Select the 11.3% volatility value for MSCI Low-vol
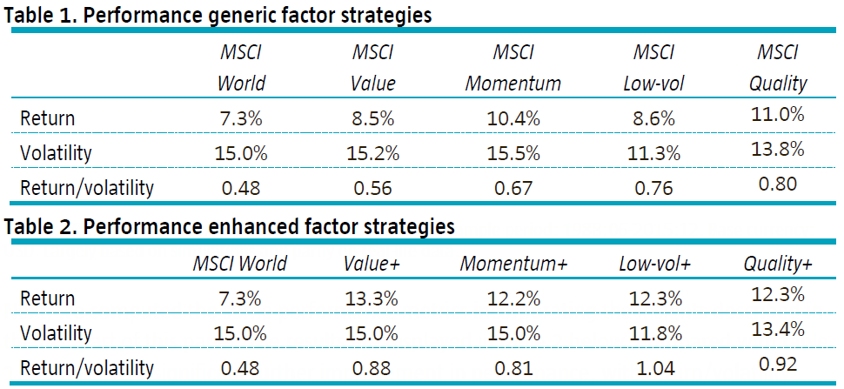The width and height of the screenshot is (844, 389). (x=653, y=153)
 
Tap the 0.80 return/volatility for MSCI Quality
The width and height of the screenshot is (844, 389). (x=777, y=184)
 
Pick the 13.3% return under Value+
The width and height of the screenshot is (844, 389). (x=372, y=298)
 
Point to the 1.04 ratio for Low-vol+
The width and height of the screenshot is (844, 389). (x=653, y=368)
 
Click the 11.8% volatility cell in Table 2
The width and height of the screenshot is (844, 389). (x=653, y=333)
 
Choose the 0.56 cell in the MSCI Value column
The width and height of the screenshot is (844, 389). (x=372, y=188)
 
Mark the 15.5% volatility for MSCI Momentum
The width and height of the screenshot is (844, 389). (x=513, y=153)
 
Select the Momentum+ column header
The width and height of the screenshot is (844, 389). (x=513, y=264)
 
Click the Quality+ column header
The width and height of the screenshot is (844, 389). (x=778, y=264)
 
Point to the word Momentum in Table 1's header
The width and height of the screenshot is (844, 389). (x=513, y=84)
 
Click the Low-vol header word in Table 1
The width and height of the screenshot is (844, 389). (x=653, y=84)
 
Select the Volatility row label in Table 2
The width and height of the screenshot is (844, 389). (x=56, y=333)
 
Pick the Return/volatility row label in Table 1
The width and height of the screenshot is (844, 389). (x=87, y=188)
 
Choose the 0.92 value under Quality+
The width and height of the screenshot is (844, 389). (x=777, y=364)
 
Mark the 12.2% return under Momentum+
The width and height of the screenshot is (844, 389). (x=513, y=298)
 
